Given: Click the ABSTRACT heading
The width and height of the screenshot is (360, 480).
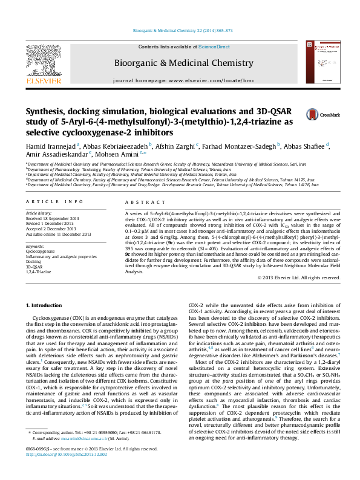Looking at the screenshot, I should tap(140, 201).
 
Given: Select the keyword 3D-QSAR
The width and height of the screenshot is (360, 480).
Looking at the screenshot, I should tap(34, 266).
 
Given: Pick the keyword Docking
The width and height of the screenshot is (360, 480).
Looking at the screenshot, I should tap(34, 261).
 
